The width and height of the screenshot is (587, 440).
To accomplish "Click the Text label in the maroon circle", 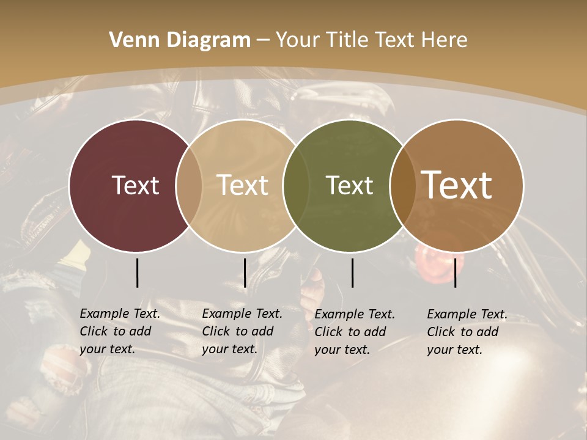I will (135, 185).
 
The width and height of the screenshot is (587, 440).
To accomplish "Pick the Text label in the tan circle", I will (243, 185).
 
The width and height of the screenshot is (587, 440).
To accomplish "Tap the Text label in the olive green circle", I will (349, 185).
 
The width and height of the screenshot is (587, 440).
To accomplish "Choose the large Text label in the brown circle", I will (457, 185).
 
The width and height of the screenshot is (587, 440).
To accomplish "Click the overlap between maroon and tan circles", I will (189, 186).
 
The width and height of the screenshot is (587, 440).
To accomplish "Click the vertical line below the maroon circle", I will (137, 273).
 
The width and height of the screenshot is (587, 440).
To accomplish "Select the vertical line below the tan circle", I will (245, 273).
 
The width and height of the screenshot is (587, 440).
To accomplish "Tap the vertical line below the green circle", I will (352, 273).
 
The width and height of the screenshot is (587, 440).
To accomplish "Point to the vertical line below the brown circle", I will (455, 273).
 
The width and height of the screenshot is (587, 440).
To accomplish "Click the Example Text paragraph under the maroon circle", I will (119, 331).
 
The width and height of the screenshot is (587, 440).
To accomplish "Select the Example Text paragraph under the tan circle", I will (242, 331).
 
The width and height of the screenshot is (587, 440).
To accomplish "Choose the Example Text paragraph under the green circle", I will (354, 332).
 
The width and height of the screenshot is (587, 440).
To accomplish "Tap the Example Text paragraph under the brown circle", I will (467, 332).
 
